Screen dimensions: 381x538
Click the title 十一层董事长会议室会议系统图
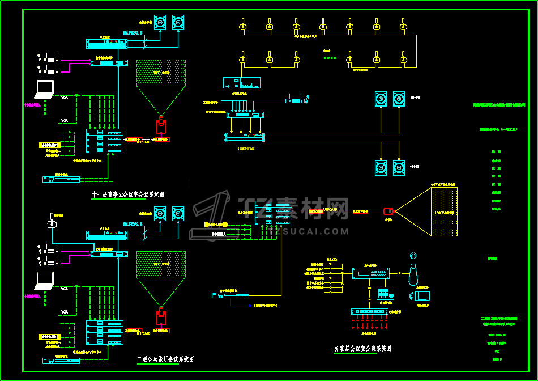pyautogui.click(x=128, y=194)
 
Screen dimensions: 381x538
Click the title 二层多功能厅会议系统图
pyautogui.click(x=165, y=359)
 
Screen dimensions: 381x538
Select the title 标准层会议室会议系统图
pyautogui.click(x=362, y=348)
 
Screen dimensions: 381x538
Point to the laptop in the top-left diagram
pyautogui.click(x=44, y=88)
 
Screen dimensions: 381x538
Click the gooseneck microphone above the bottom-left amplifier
pyautogui.click(x=53, y=222)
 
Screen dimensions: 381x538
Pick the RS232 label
pyautogui.click(x=332, y=260)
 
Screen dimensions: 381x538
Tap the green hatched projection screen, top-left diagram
pyautogui.click(x=161, y=73)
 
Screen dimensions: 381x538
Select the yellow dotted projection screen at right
pyautogui.click(x=447, y=210)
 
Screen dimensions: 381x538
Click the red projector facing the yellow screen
pyautogui.click(x=388, y=211)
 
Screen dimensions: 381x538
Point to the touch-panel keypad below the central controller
pyautogui.click(x=385, y=294)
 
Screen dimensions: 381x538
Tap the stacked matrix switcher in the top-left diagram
pyautogui.click(x=104, y=141)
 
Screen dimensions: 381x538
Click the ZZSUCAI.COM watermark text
pyautogui.click(x=309, y=231)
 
